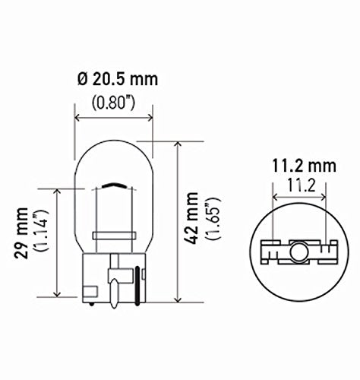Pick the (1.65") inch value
[x=217, y=220]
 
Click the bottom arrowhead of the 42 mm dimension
[x=177, y=299]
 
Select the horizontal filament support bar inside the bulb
[x=114, y=235]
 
